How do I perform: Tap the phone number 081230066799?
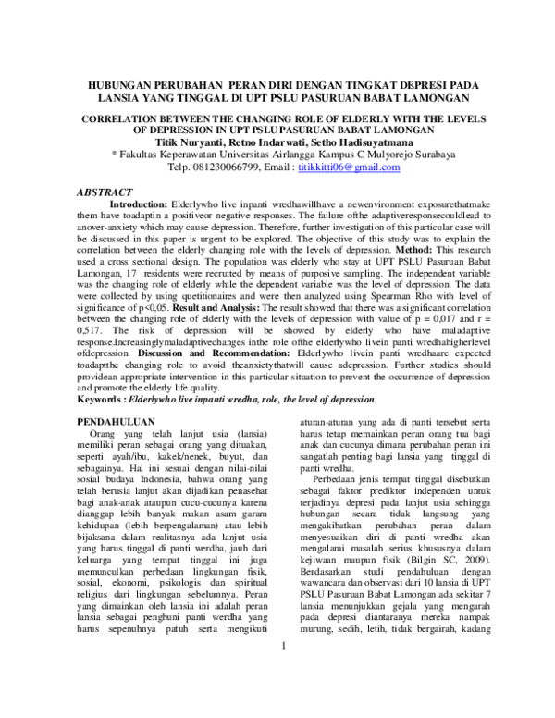[222, 167]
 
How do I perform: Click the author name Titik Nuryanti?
[196, 142]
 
